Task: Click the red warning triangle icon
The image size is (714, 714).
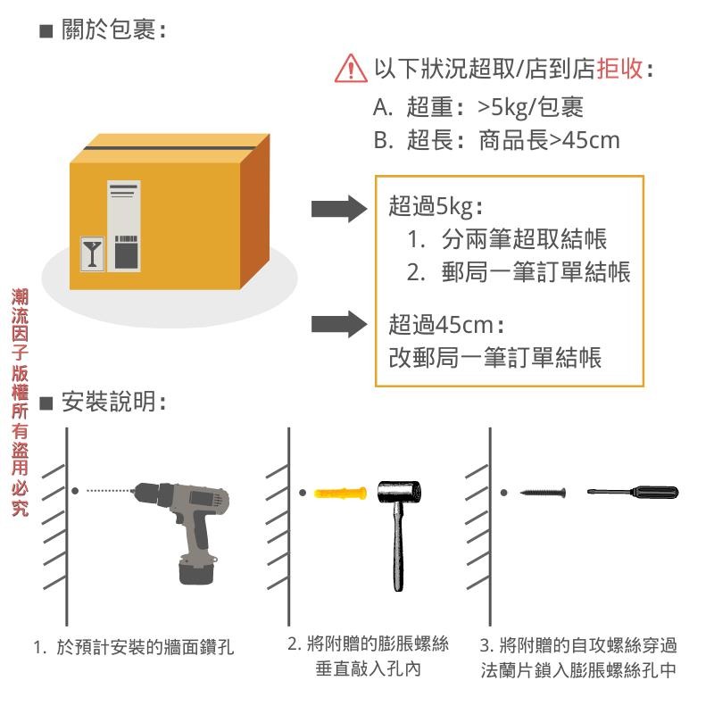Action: [x=351, y=68]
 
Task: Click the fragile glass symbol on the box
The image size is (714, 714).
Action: [x=91, y=252]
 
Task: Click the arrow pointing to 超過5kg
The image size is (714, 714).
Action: [x=338, y=209]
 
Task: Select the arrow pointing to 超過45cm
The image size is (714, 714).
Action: [x=338, y=323]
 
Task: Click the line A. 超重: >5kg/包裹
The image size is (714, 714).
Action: [x=478, y=108]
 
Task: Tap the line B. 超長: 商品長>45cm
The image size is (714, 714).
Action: [x=496, y=140]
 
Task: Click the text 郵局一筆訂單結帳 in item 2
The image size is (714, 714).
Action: [x=535, y=272]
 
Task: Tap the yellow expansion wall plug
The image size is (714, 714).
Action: [x=341, y=493]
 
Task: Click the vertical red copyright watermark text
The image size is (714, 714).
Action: [x=20, y=402]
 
